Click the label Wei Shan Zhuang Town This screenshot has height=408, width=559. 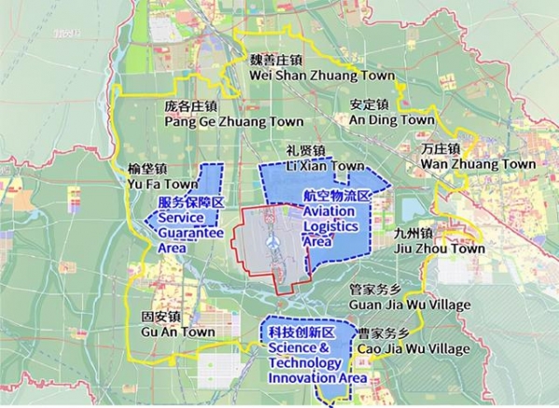[x=303, y=76]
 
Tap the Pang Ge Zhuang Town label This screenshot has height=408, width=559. [x=234, y=121]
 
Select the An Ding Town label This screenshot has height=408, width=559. [x=392, y=120]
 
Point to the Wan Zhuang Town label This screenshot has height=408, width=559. [x=479, y=164]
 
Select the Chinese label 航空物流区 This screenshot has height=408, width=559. [x=337, y=196]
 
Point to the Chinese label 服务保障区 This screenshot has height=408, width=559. [x=190, y=203]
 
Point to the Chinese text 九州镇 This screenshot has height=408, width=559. [x=414, y=233]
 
